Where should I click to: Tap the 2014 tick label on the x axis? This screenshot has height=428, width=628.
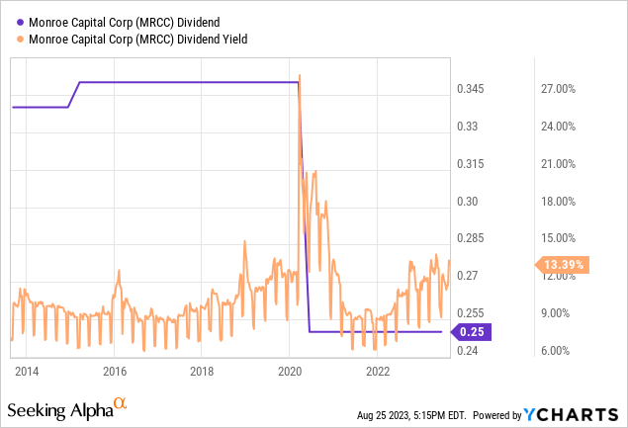27,372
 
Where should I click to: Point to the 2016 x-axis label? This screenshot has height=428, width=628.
115,372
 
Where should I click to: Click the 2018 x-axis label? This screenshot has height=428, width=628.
202,372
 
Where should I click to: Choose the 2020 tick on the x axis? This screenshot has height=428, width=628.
290,372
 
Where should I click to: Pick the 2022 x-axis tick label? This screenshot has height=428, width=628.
378,372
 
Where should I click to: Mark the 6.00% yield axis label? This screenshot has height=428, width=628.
552,350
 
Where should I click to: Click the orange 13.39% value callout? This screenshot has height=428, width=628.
562,265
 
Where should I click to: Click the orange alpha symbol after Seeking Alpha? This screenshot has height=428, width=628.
120,404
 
